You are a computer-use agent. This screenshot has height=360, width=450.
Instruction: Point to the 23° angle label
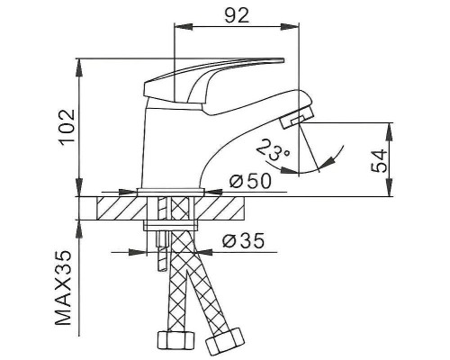coord(273,150)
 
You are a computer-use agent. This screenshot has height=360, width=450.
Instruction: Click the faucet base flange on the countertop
coord(174,191)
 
